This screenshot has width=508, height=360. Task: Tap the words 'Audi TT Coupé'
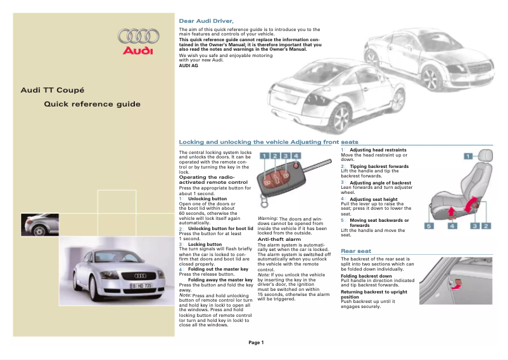click(x=53, y=90)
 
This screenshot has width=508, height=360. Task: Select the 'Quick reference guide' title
click(x=92, y=104)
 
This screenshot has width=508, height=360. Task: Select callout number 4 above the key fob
click(x=296, y=156)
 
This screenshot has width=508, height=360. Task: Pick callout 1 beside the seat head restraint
click(x=469, y=155)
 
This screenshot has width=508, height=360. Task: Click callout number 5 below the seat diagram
click(x=429, y=225)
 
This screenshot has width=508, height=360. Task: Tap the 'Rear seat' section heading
click(x=356, y=251)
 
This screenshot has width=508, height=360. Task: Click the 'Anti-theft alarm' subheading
click(x=279, y=239)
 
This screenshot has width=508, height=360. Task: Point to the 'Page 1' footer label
click(x=255, y=343)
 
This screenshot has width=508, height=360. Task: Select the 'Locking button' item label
click(x=205, y=244)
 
